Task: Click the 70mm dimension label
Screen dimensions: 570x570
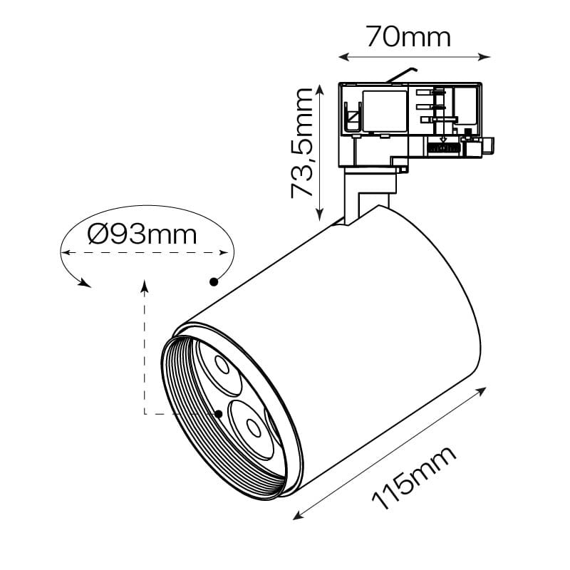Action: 408,37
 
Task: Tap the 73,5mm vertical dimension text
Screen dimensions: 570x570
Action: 302,143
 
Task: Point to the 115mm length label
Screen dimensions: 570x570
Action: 414,478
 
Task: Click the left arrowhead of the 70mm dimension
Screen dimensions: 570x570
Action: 343,57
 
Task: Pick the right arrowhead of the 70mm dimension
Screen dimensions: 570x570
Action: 484,57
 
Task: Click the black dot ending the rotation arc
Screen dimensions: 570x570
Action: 213,281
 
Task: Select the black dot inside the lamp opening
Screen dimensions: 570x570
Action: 219,414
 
